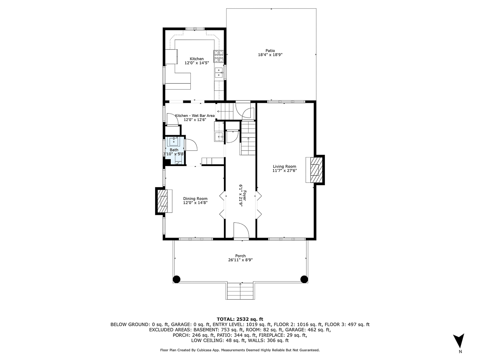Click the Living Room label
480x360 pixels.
[x=284, y=166]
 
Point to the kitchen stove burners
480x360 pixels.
[x=218, y=56]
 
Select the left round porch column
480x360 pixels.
[x=176, y=279]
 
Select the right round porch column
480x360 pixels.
[x=304, y=279]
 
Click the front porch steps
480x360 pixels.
[x=240, y=291]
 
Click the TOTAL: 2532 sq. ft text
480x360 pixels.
[x=240, y=319]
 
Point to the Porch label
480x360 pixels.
[x=240, y=256]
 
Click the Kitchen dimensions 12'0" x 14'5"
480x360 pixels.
[x=196, y=63]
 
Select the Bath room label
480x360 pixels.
[x=174, y=150]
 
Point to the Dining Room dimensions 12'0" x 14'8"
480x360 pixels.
[x=195, y=203]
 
